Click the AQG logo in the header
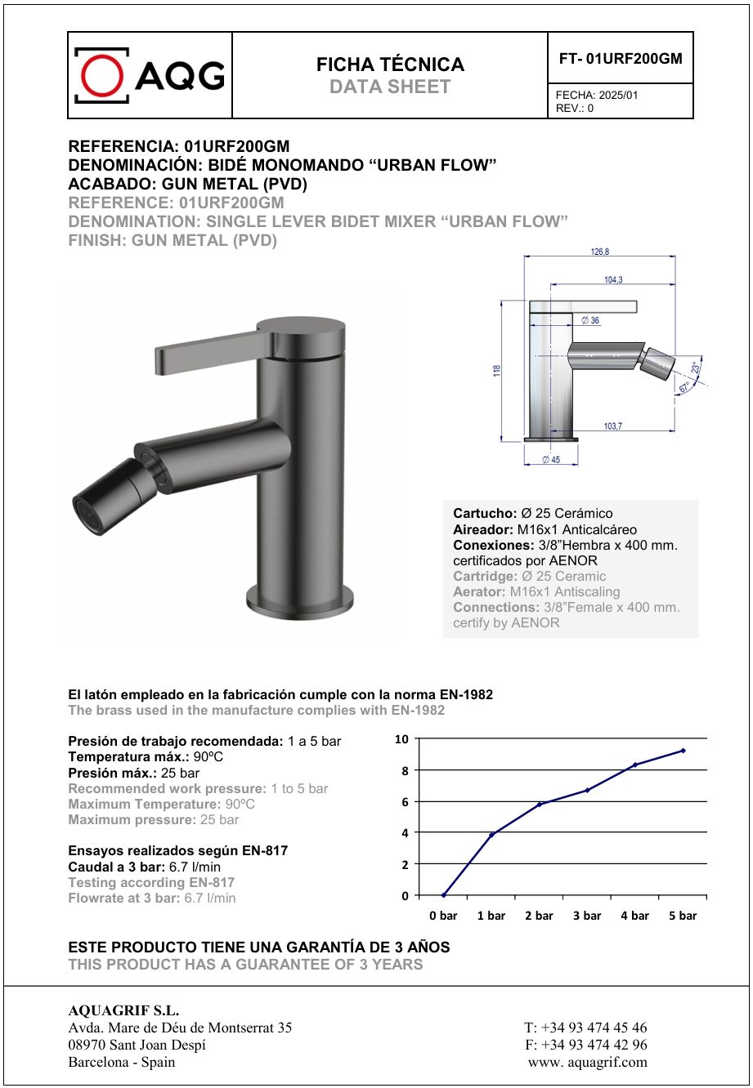(150, 75)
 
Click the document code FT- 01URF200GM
(621, 59)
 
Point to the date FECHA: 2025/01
(597, 95)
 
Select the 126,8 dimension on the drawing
(599, 252)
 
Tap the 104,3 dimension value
(613, 280)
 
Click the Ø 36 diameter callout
(590, 321)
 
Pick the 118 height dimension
(496, 370)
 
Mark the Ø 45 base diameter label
(550, 461)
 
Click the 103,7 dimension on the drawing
(612, 426)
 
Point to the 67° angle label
(684, 389)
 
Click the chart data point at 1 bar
(491, 834)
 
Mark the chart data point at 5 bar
(683, 750)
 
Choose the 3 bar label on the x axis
(587, 916)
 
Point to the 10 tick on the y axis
(401, 739)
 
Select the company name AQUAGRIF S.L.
(123, 1010)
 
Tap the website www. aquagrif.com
(588, 1062)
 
